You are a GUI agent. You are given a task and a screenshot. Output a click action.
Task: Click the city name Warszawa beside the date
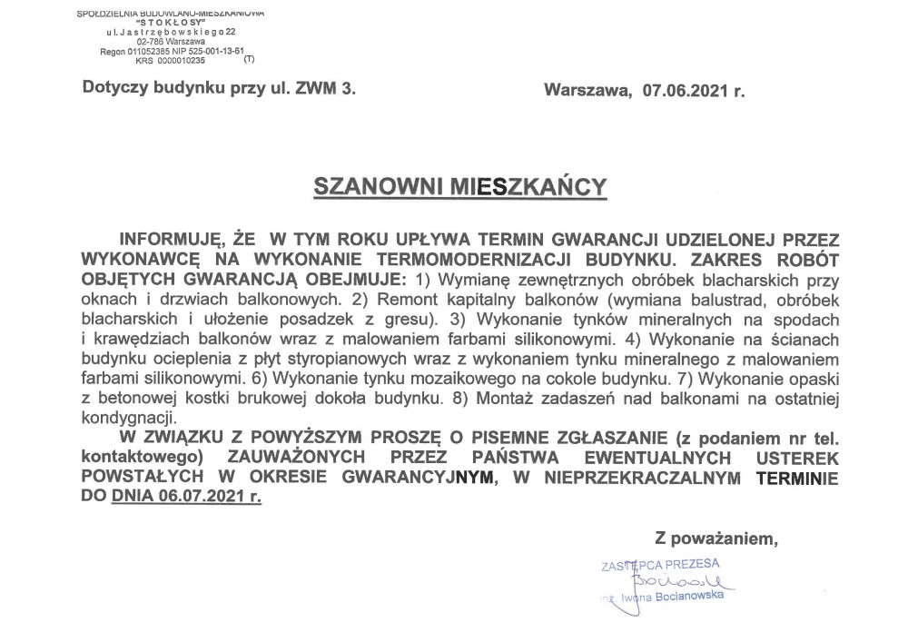click(x=586, y=89)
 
